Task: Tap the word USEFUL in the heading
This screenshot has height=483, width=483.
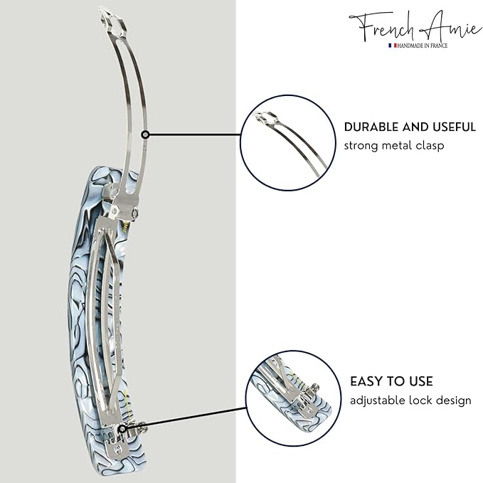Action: pos(454,127)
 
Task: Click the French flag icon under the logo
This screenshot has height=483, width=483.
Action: pos(392,46)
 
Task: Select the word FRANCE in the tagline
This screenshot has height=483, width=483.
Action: pos(440,46)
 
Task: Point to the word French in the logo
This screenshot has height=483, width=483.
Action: pos(385,27)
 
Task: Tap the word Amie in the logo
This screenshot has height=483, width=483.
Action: pos(453,26)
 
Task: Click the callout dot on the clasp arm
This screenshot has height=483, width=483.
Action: pos(145,134)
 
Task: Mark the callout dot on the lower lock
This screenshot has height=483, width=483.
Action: pos(122,428)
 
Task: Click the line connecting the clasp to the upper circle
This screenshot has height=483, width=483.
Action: pos(195,134)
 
